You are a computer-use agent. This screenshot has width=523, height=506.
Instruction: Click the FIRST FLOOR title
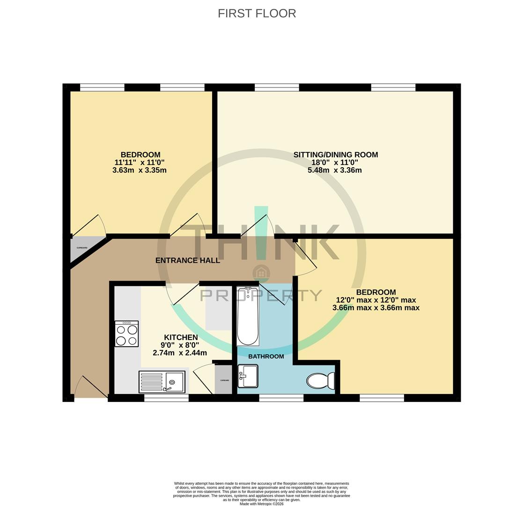pos(257,14)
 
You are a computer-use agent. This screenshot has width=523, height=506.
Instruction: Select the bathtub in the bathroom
pos(247,316)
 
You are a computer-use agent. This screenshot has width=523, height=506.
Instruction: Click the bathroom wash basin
pos(248,376)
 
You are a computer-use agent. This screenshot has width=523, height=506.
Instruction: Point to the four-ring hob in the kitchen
pos(126,334)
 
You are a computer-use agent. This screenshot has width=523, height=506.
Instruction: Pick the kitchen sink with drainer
pos(162,382)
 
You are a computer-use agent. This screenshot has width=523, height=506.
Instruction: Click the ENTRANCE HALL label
pos(187,260)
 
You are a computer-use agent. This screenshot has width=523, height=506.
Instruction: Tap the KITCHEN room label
pos(181,337)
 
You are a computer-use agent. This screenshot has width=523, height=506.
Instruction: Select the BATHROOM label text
pos(266,357)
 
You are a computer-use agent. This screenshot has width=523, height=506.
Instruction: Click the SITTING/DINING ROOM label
pos(335,155)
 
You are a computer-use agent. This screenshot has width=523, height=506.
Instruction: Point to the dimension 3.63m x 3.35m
pos(139,171)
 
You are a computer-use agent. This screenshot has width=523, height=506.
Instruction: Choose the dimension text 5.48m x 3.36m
pos(334,171)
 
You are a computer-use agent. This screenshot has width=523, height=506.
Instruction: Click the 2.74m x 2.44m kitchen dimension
pos(180,353)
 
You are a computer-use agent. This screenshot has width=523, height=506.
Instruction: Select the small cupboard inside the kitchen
pos(224,380)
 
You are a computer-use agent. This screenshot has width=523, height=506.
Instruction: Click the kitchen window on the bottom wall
pos(166,398)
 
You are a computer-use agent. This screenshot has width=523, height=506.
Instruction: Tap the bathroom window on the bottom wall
pos(281,398)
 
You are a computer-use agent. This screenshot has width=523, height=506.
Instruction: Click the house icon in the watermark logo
pos(261,272)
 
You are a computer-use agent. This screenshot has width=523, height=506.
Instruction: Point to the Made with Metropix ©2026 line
pos(261,504)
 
